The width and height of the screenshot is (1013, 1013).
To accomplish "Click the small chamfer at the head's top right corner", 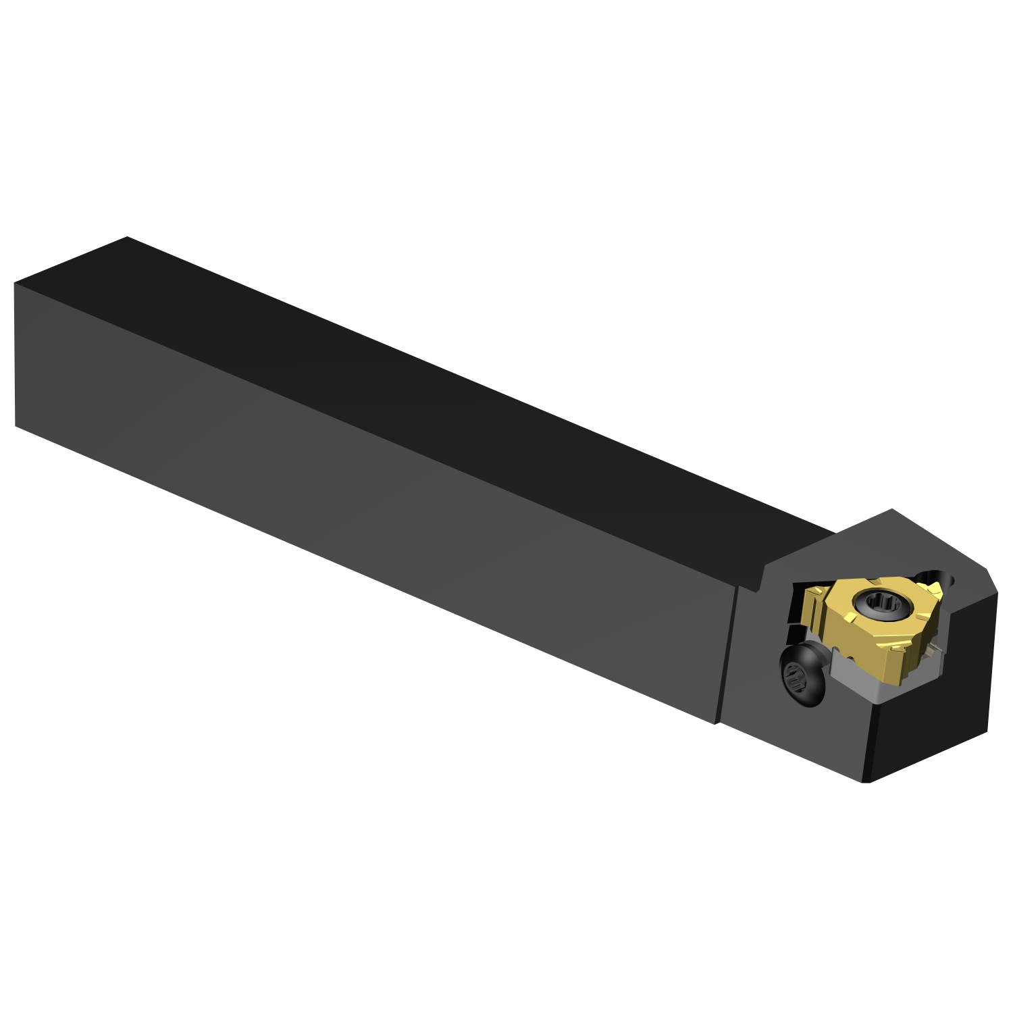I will (x=991, y=582).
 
